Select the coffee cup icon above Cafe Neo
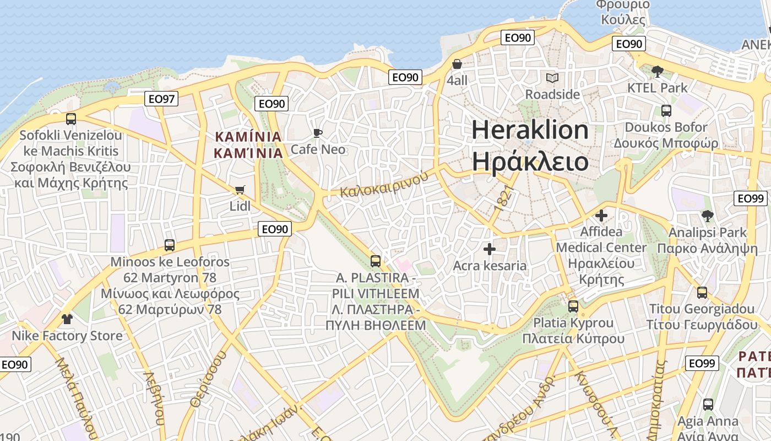pyautogui.click(x=318, y=133)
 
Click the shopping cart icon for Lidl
pyautogui.click(x=240, y=190)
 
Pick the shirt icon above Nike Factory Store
pyautogui.click(x=67, y=319)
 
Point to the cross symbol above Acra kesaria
pyautogui.click(x=489, y=249)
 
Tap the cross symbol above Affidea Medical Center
pyautogui.click(x=601, y=216)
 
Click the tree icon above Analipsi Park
pyautogui.click(x=708, y=216)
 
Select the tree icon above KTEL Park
pyautogui.click(x=657, y=71)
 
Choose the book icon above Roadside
pyautogui.click(x=552, y=78)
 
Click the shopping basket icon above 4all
pyautogui.click(x=457, y=64)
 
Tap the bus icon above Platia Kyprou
pyautogui.click(x=573, y=306)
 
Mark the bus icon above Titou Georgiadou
pyautogui.click(x=702, y=293)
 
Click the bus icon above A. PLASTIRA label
pyautogui.click(x=376, y=261)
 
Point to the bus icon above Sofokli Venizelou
pyautogui.click(x=70, y=119)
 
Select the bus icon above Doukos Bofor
pyautogui.click(x=666, y=111)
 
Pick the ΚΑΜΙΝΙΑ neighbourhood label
pyautogui.click(x=248, y=144)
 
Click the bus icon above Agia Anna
pyautogui.click(x=708, y=405)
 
